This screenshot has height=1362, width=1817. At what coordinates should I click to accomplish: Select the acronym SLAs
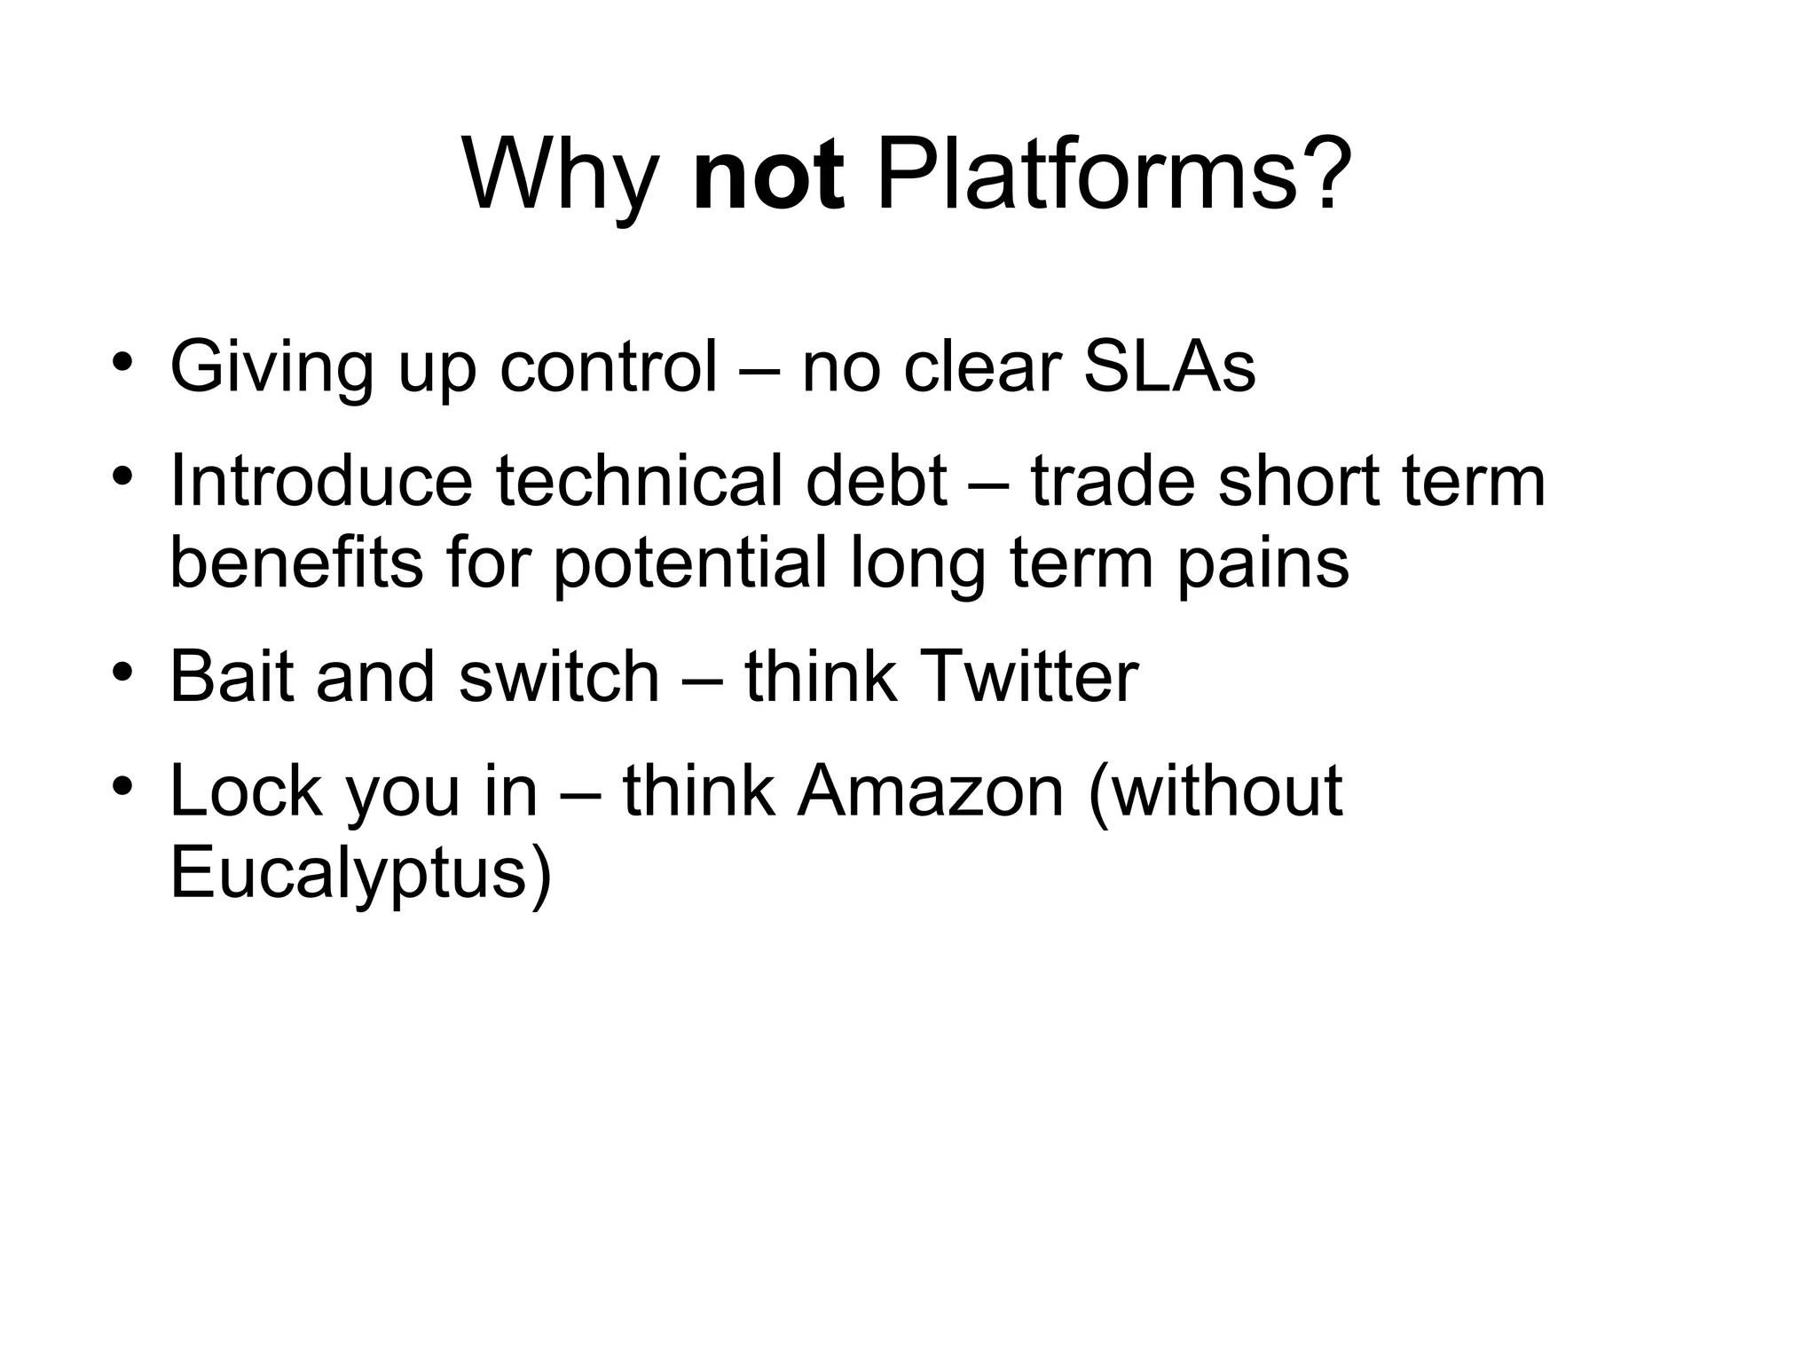point(1169,366)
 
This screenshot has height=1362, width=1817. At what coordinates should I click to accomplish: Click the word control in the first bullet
point(608,366)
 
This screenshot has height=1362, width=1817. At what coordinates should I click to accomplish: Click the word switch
point(559,676)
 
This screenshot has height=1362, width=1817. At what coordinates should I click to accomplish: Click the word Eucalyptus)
point(360,873)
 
